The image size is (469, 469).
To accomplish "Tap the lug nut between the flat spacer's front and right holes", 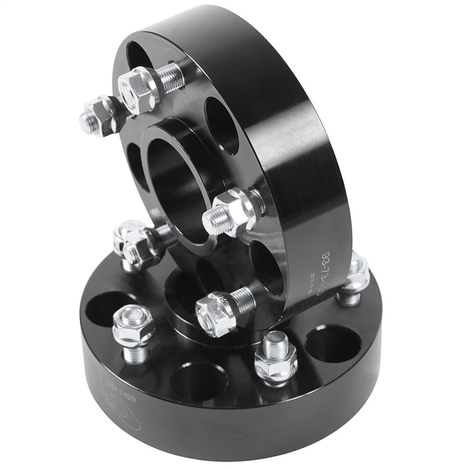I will point(275,359).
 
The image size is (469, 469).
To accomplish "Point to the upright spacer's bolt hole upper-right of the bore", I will point(222,125).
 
